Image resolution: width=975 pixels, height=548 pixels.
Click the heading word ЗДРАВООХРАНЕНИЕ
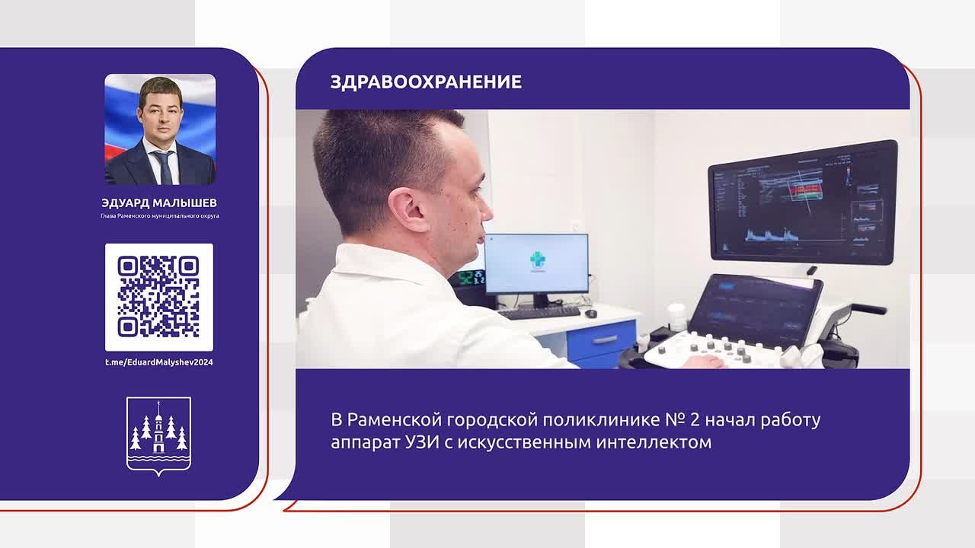pos(426,81)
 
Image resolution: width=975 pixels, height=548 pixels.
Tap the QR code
pos(159,297)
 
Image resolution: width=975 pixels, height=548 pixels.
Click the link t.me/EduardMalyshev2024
pos(159,362)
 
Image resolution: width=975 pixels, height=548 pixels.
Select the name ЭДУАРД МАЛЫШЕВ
pos(159,202)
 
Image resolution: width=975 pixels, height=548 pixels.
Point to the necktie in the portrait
pos(165,167)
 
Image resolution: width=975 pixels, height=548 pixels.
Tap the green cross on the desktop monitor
pos(537,260)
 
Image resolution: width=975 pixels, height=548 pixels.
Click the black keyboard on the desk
pos(539,312)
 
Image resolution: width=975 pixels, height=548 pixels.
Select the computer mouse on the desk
pos(590,313)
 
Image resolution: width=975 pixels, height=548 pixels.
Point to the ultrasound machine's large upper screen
pos(802,202)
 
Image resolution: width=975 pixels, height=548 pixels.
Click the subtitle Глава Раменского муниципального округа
pos(160,215)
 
